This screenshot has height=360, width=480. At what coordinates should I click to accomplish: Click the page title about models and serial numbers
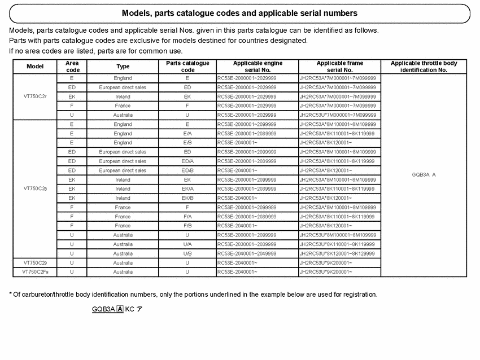[x=239, y=13]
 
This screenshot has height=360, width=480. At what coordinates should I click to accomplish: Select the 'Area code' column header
[x=72, y=67]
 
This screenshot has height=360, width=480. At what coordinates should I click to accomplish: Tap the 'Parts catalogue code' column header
[x=187, y=67]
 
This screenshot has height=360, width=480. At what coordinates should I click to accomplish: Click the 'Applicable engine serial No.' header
[x=258, y=67]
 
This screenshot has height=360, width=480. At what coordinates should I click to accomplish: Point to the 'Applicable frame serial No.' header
[x=339, y=67]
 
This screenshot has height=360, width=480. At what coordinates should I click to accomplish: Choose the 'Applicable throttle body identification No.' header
[x=424, y=67]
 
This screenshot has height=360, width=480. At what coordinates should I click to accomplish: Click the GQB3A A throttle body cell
[x=424, y=174]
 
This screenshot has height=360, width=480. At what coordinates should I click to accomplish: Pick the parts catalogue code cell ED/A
[x=187, y=161]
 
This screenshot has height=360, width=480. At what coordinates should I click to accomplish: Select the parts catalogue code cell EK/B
[x=187, y=198]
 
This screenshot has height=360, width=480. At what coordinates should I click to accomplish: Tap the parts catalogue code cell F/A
[x=187, y=217]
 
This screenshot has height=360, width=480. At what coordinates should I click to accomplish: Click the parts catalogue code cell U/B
[x=187, y=253]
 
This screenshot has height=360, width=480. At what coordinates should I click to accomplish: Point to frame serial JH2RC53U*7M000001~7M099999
[x=338, y=115]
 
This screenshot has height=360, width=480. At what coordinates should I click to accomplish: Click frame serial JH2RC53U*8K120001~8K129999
[x=337, y=253]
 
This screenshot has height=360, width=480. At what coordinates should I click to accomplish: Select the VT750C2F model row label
[x=35, y=272]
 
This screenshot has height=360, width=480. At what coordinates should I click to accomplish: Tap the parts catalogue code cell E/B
[x=187, y=143]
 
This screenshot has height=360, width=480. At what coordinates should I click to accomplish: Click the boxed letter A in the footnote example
[x=120, y=309]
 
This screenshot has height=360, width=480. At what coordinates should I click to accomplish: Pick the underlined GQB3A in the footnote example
[x=103, y=309]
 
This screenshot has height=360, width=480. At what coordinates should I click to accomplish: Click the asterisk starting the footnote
[x=11, y=294]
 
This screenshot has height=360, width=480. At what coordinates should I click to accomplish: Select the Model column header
[x=35, y=67]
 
